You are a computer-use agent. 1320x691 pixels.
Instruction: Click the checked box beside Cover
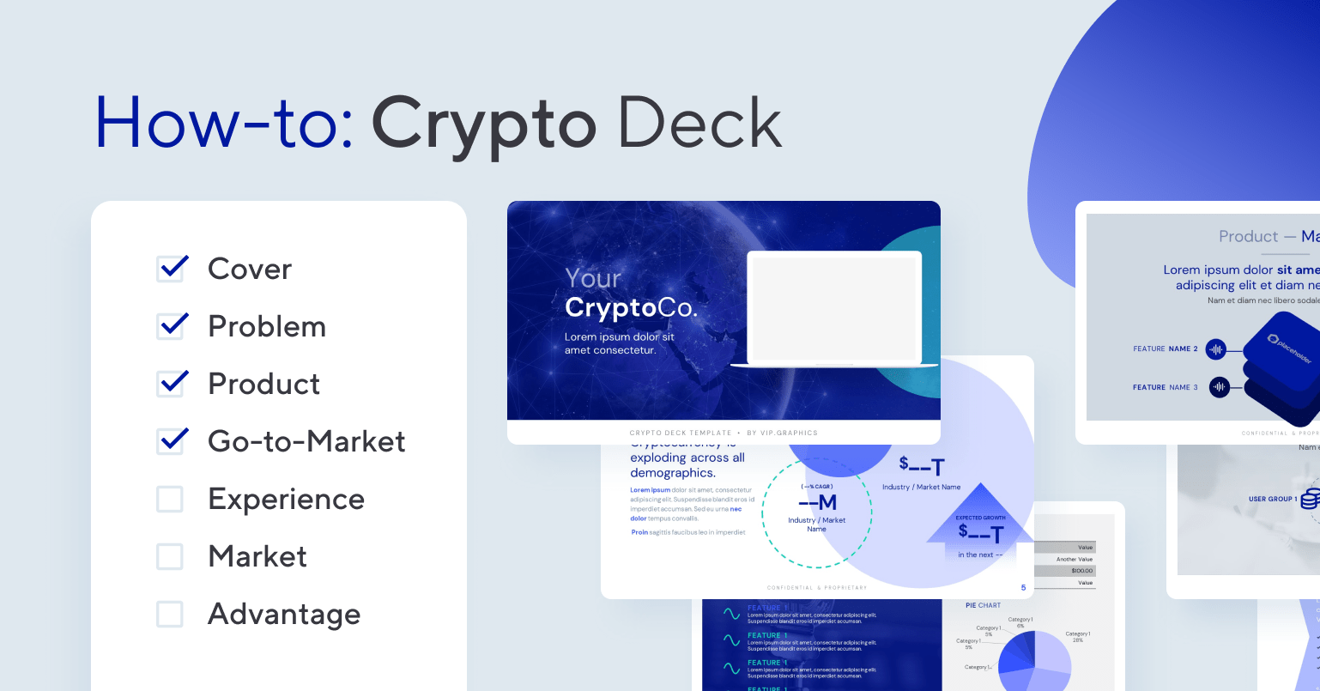pos(171,269)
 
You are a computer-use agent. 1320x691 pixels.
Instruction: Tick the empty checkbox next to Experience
pos(170,499)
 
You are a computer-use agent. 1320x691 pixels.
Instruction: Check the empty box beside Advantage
pos(170,614)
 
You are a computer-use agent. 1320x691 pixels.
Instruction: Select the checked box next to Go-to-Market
pos(171,441)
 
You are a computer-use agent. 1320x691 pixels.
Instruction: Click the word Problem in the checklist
pos(267,326)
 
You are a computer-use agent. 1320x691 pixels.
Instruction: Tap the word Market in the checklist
pos(257,556)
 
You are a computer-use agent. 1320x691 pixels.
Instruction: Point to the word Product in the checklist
pos(264,384)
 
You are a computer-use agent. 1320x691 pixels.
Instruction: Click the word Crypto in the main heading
pos(483,123)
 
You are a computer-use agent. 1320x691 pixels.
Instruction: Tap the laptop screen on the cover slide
pos(834,307)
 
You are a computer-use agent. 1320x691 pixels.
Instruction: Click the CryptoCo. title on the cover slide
pos(631,307)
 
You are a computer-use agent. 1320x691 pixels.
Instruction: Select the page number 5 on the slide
pos(1023,588)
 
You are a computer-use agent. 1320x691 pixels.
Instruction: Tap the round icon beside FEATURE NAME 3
pos(1220,387)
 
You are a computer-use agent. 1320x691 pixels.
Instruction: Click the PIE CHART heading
pos(983,605)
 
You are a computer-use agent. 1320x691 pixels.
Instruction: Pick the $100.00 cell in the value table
pos(1081,570)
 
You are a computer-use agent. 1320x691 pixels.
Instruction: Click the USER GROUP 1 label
pos(1271,499)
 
